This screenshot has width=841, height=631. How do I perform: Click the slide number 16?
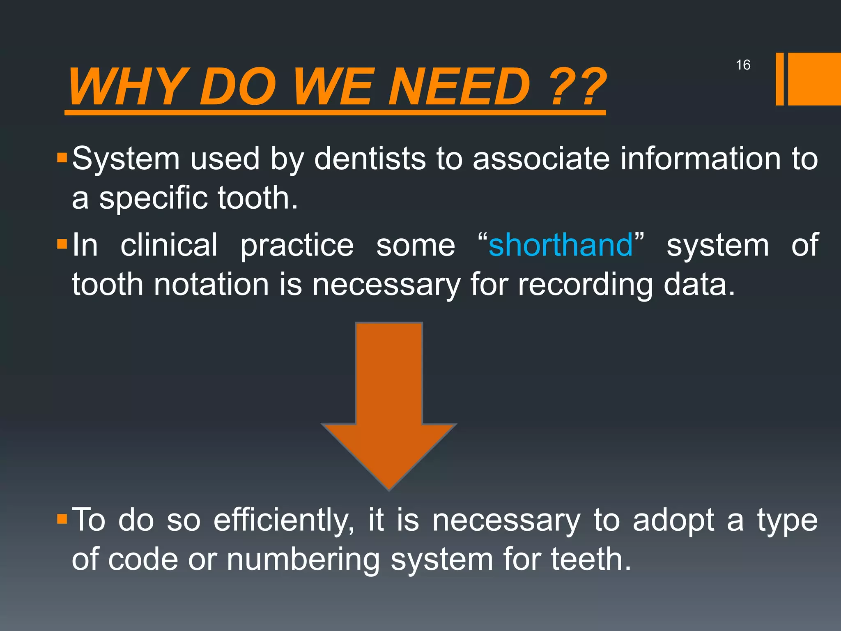[743, 65]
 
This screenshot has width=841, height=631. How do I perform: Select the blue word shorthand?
[561, 245]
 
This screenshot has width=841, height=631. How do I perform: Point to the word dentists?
[370, 159]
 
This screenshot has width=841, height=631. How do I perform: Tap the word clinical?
[169, 245]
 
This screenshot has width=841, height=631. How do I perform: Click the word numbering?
[303, 560]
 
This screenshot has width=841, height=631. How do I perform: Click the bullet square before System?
[62, 158]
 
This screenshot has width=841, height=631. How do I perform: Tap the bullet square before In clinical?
[62, 244]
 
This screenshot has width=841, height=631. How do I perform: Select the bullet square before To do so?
[62, 520]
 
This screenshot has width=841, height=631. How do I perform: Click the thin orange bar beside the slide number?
[779, 79]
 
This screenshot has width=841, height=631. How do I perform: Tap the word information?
[700, 159]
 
